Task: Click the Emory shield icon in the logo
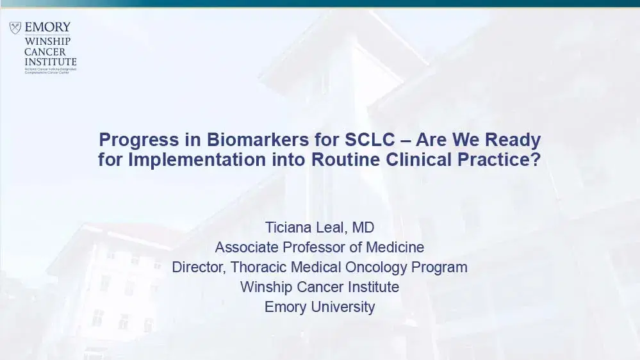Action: pyautogui.click(x=15, y=28)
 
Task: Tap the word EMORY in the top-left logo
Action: pyautogui.click(x=47, y=28)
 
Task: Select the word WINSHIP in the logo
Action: pyautogui.click(x=48, y=41)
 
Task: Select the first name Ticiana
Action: pyautogui.click(x=289, y=227)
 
